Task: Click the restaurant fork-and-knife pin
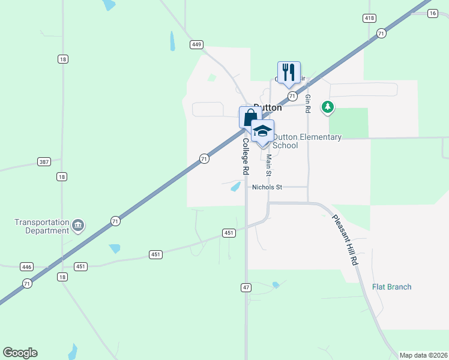click(x=289, y=73)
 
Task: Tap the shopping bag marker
click(x=249, y=117)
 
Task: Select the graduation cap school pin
click(x=262, y=131)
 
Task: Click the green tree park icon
click(x=327, y=107)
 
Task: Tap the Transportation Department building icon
click(x=78, y=226)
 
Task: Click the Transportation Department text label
click(x=42, y=226)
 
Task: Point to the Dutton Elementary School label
click(x=307, y=141)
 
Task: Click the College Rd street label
click(x=246, y=157)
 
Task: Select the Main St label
click(x=269, y=166)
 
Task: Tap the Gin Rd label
click(x=307, y=104)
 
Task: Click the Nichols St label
click(x=267, y=187)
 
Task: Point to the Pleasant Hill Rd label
click(x=354, y=241)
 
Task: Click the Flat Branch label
click(x=391, y=287)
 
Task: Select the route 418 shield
click(x=369, y=19)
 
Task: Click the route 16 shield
click(x=432, y=13)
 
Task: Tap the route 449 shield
click(x=197, y=44)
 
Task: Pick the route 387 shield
click(x=43, y=162)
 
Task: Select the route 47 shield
click(x=246, y=288)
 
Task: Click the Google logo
click(x=20, y=352)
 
